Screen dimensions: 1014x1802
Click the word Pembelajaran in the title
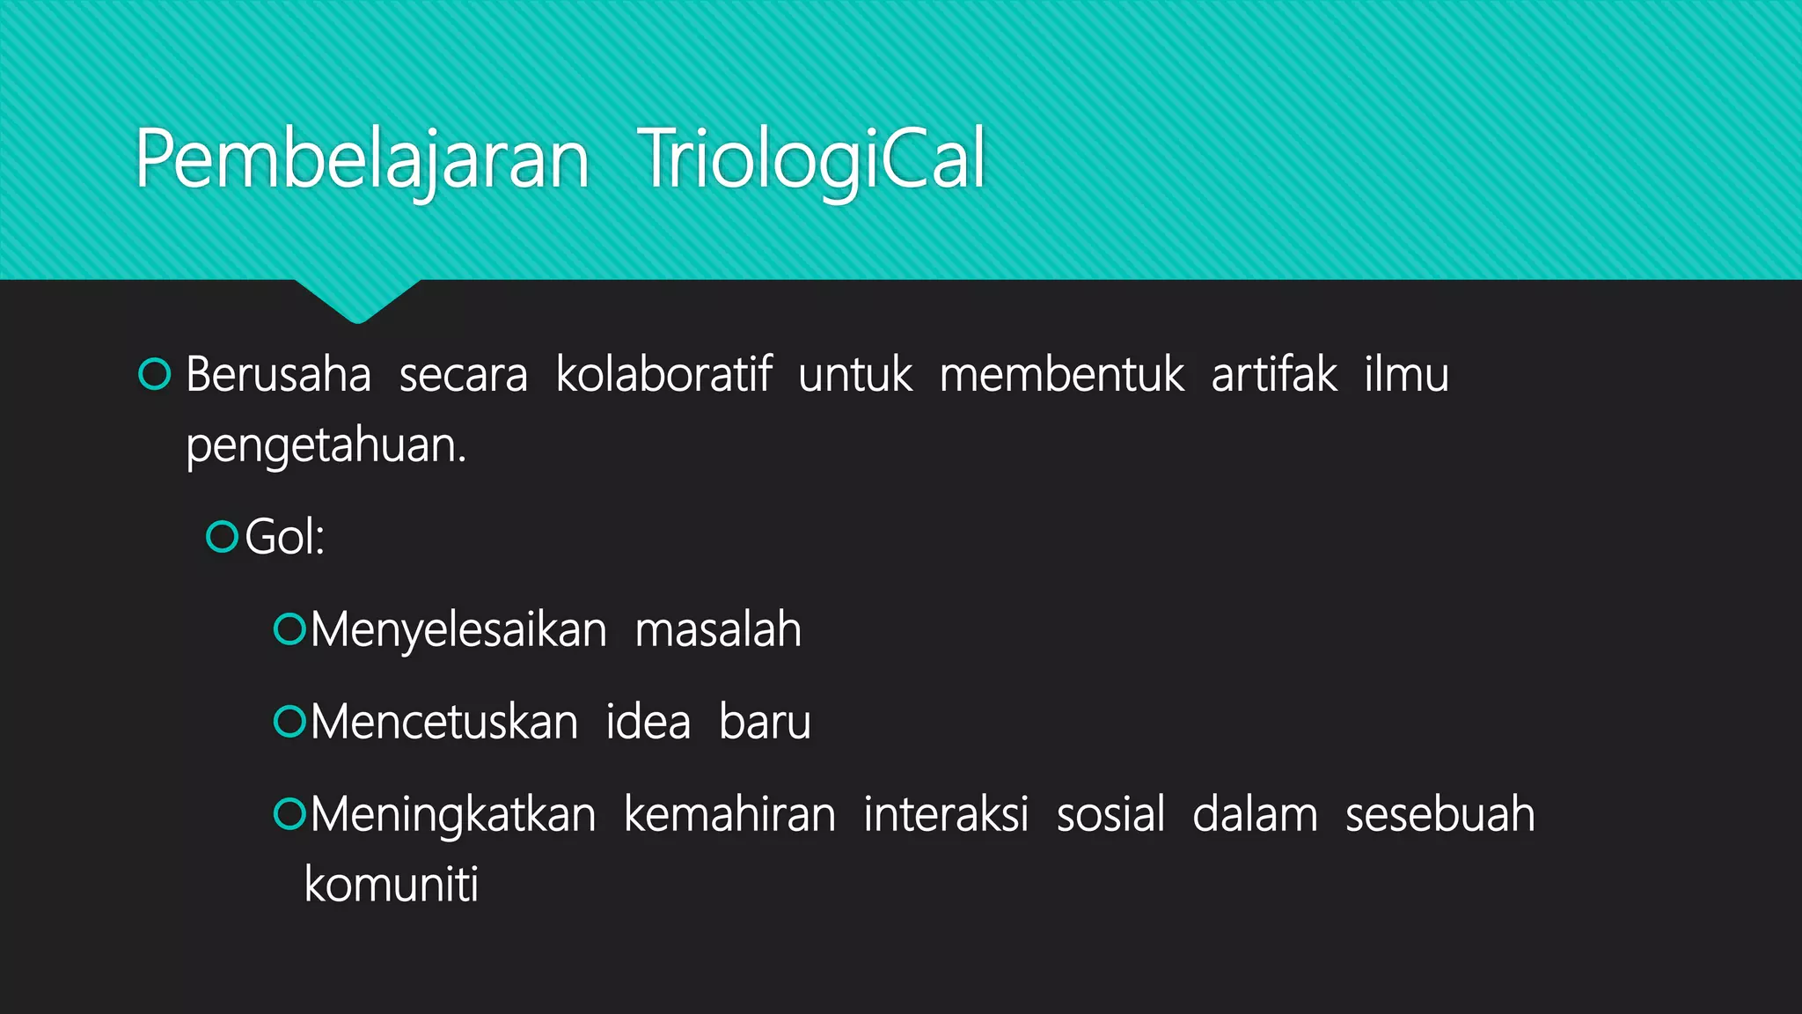(x=362, y=160)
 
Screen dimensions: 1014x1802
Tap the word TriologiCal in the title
(x=810, y=160)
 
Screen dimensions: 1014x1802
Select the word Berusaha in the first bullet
(x=278, y=375)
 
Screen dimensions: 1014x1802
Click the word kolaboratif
(x=663, y=375)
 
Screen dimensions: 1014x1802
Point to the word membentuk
(x=1061, y=375)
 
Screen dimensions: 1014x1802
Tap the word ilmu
(x=1405, y=375)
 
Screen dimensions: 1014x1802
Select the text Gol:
(x=284, y=537)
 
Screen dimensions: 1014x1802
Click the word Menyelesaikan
(x=458, y=630)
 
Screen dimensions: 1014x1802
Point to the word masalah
(x=717, y=630)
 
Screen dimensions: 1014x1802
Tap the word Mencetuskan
(x=443, y=723)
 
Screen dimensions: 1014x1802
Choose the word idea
(x=648, y=723)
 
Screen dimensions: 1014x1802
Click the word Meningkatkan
(x=452, y=814)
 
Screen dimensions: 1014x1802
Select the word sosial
(x=1110, y=814)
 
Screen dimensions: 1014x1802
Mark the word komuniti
(x=391, y=885)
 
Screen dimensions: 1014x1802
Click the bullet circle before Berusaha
(x=155, y=375)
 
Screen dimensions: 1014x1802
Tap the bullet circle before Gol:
(x=222, y=537)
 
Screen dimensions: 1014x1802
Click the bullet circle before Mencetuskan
(x=289, y=722)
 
